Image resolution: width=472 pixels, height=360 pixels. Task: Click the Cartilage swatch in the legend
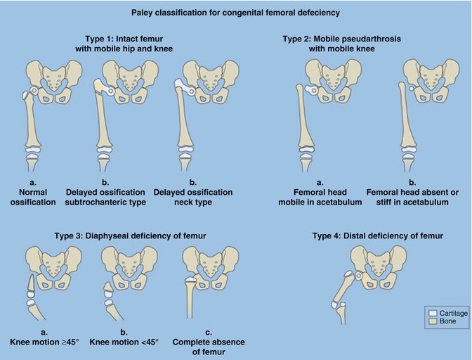(433, 312)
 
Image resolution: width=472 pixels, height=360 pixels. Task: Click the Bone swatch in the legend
(433, 321)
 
